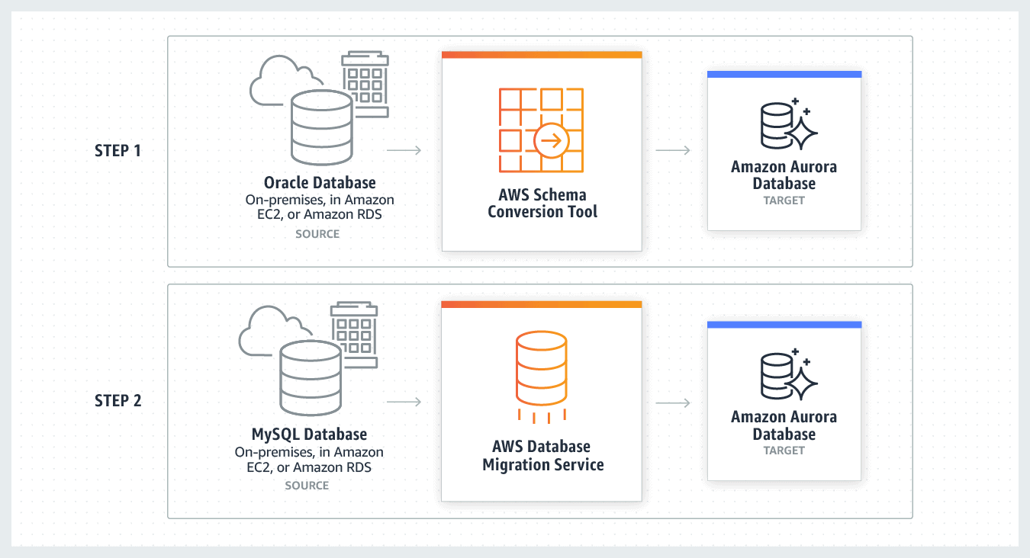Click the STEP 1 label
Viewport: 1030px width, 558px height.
tap(117, 150)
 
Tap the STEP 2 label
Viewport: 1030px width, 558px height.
tap(117, 400)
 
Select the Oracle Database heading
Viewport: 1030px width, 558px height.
tap(320, 183)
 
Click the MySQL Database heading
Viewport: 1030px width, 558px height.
tap(309, 435)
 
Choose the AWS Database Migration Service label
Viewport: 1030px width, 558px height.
tap(542, 455)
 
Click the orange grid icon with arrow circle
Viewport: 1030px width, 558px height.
tap(541, 130)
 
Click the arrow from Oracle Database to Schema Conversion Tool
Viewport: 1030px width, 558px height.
tap(404, 150)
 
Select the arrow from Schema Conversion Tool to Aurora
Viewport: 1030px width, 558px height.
tap(673, 150)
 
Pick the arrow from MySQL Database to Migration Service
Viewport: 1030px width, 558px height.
tap(404, 402)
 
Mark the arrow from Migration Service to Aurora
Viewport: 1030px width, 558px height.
tap(673, 402)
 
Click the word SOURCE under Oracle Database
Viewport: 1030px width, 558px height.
tap(317, 233)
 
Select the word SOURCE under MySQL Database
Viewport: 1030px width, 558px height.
tap(307, 485)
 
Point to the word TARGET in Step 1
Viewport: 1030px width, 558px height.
tap(784, 200)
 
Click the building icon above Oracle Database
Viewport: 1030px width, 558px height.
tap(365, 84)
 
